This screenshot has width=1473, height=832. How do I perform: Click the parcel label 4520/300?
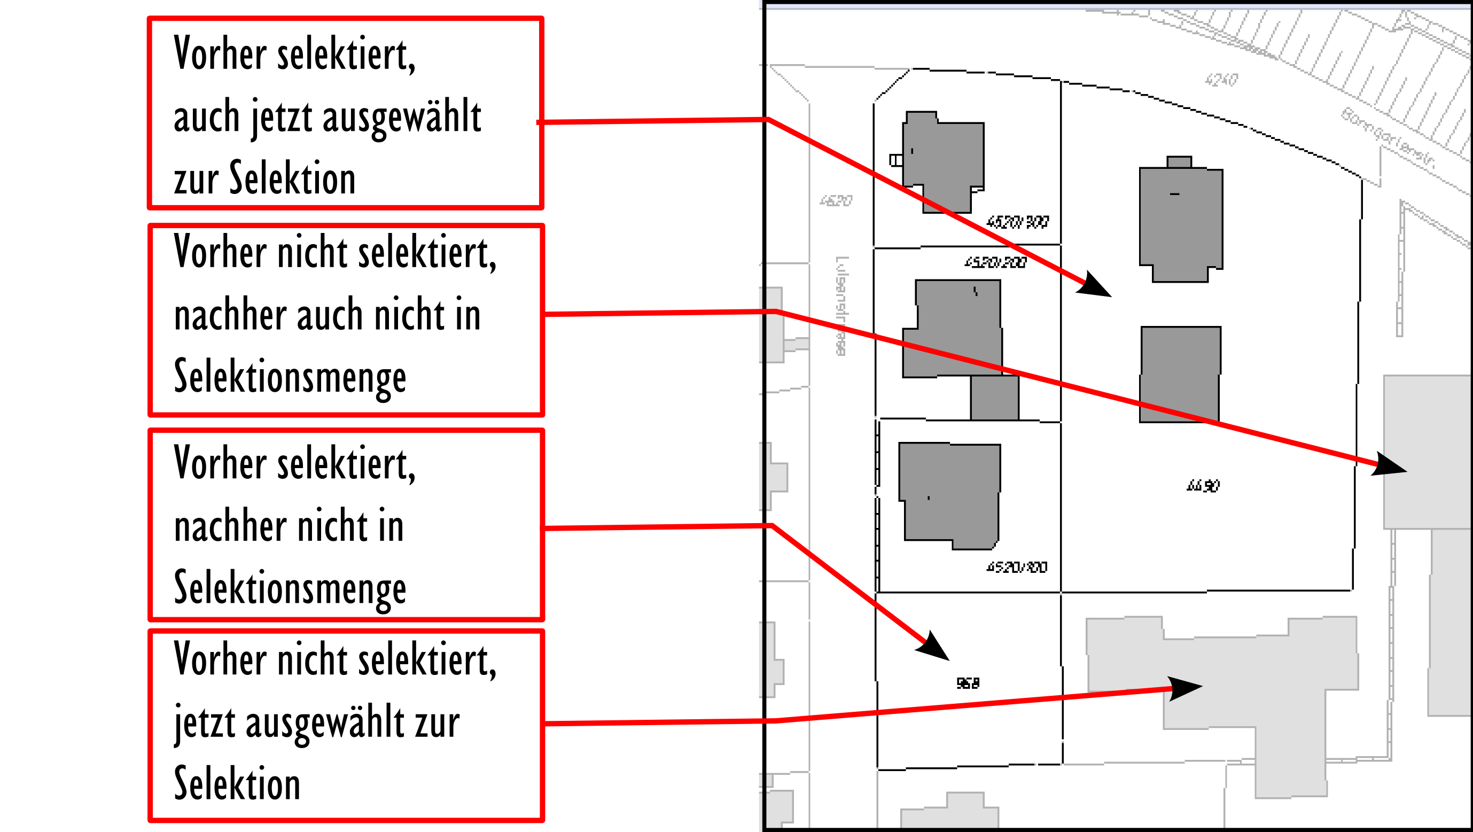coord(1017,222)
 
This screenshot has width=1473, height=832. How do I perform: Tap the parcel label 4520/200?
coord(995,262)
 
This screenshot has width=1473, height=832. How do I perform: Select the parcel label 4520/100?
coord(1017,567)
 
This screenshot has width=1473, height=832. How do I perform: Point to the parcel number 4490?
coord(1203,486)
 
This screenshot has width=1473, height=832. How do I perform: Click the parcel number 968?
coord(968,683)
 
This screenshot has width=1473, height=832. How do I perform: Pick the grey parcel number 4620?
coord(836,201)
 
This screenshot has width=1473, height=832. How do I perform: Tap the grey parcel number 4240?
coord(1221,80)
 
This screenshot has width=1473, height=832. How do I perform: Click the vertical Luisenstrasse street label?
coord(841,306)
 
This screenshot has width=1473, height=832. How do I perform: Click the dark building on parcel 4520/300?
coord(944,160)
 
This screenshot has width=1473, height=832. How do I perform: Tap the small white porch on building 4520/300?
coord(896,160)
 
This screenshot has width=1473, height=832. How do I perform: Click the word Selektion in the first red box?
coord(293,178)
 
